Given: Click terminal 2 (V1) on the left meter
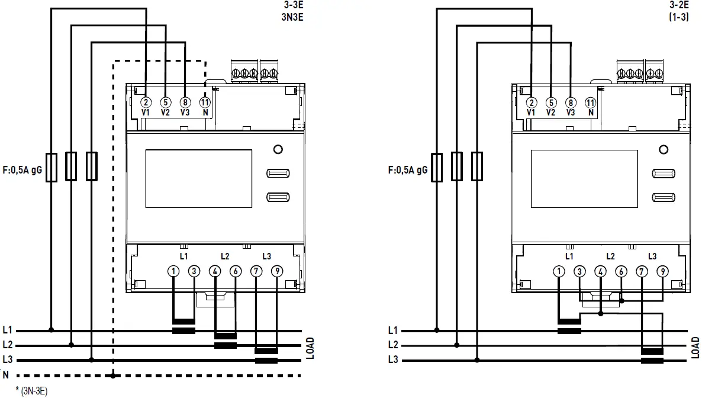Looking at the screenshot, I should [x=146, y=102].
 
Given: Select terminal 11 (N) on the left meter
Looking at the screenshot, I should [x=205, y=102].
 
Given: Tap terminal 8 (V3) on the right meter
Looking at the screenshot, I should [x=571, y=102].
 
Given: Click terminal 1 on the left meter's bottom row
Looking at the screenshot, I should [x=173, y=271].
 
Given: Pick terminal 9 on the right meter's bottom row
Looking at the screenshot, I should [x=662, y=271].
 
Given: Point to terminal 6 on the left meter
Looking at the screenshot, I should [x=236, y=271].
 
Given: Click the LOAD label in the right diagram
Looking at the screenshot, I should [x=695, y=348].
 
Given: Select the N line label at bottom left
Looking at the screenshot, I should [x=6, y=375].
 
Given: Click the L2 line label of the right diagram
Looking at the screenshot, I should [x=392, y=345].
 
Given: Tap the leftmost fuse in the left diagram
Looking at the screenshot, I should [x=51, y=166].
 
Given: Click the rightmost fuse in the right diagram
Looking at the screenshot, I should [x=476, y=166].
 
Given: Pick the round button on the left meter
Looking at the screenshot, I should [x=278, y=149].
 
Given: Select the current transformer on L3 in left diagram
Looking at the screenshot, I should [x=266, y=355].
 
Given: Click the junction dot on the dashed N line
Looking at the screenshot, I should [x=113, y=375].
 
